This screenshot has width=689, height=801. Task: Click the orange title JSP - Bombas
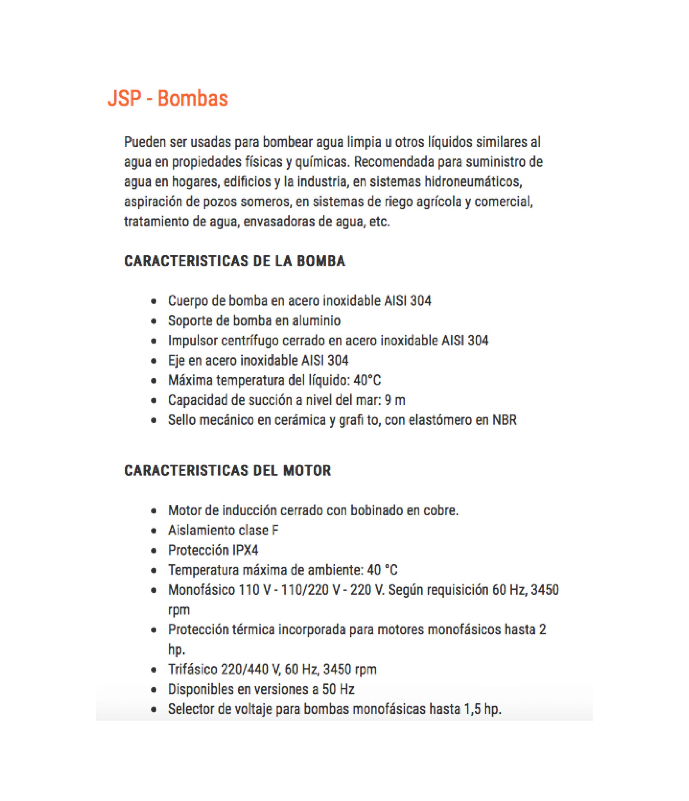click(x=167, y=99)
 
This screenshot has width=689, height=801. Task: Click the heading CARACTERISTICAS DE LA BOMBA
click(x=234, y=261)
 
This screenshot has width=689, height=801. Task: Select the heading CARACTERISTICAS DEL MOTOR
click(x=228, y=471)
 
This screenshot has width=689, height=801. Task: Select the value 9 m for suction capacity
click(x=395, y=400)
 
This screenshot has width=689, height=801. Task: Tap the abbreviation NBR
click(x=504, y=420)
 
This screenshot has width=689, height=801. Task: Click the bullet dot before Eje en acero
click(x=154, y=361)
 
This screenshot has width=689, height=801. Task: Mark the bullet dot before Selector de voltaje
click(x=154, y=709)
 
